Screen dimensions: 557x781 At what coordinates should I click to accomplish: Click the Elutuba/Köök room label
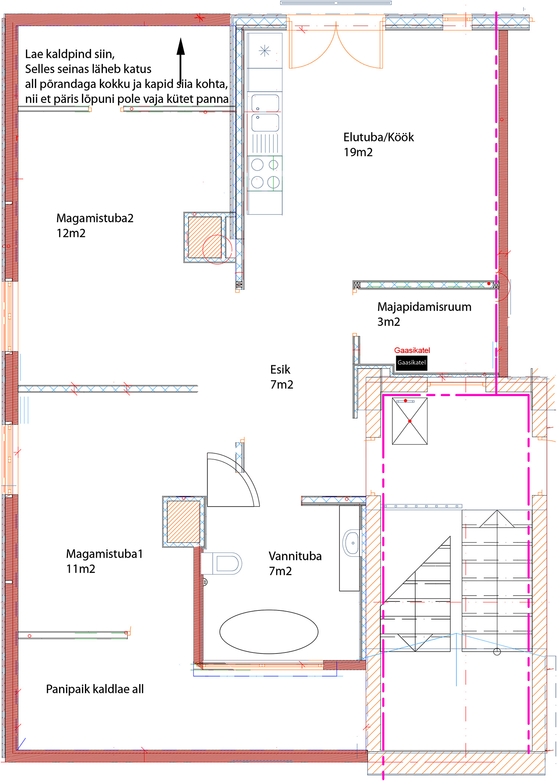pyautogui.click(x=378, y=137)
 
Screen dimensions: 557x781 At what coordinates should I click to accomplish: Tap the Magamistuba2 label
pyautogui.click(x=95, y=218)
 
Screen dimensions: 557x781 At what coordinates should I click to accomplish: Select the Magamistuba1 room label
pyautogui.click(x=104, y=554)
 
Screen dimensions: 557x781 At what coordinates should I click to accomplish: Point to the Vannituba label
pyautogui.click(x=295, y=556)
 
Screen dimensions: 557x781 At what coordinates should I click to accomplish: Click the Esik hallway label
pyautogui.click(x=280, y=370)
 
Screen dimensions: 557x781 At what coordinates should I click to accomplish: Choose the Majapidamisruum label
pyautogui.click(x=424, y=307)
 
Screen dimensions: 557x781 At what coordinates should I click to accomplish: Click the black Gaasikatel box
pyautogui.click(x=411, y=363)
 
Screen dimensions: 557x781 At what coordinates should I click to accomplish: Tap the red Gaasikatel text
pyautogui.click(x=412, y=350)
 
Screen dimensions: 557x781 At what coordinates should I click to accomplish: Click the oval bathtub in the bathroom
pyautogui.click(x=269, y=632)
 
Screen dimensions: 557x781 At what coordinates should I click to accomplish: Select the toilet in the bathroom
pyautogui.click(x=222, y=563)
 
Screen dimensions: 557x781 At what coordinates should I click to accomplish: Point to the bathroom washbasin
pyautogui.click(x=351, y=543)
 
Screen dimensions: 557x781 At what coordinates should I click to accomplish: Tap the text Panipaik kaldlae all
pyautogui.click(x=95, y=689)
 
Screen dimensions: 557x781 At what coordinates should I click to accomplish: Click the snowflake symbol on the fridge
pyautogui.click(x=265, y=51)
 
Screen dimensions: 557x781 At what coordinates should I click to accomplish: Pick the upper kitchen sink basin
pyautogui.click(x=265, y=103)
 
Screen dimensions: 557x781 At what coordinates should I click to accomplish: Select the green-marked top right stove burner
pyautogui.click(x=274, y=164)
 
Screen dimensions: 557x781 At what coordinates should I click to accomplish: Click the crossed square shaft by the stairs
pyautogui.click(x=410, y=421)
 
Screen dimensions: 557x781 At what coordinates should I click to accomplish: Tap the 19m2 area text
pyautogui.click(x=358, y=152)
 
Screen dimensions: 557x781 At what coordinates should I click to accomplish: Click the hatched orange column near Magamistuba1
pyautogui.click(x=183, y=522)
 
